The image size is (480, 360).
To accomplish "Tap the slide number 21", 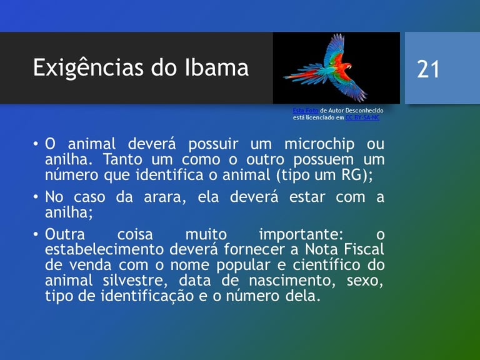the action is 428,69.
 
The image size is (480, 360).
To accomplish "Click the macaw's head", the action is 347,66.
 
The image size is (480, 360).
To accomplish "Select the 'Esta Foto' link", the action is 305,110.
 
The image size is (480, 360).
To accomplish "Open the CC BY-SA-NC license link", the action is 362,117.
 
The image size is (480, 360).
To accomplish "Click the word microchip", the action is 319,144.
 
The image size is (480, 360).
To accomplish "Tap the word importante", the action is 301,235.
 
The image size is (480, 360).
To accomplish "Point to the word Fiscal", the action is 364,249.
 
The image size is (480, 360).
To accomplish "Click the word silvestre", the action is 135,281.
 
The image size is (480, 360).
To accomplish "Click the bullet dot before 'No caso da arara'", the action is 36,197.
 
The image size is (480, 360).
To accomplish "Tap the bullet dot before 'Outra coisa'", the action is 36,234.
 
